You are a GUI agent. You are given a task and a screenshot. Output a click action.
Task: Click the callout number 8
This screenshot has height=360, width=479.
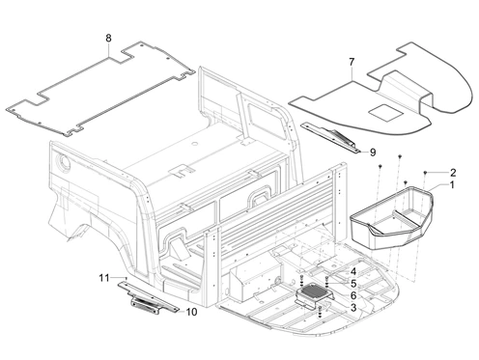coord(108,38)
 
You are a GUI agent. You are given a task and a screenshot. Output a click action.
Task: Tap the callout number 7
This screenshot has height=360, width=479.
coord(352,62)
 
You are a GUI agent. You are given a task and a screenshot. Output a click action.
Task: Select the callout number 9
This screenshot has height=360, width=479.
coord(373,152)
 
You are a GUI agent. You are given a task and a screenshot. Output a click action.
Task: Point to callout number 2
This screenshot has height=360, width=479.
coord(453,173)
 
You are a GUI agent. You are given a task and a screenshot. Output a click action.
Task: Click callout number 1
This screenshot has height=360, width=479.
coord(452,185)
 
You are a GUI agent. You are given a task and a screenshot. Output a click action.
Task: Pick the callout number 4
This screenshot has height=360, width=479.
coord(353,272)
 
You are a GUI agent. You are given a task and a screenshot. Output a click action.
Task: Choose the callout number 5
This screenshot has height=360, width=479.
coord(353,284)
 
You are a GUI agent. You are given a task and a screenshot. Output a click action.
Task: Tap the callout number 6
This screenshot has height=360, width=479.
coord(353,295)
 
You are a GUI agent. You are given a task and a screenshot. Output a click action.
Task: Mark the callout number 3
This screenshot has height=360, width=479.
coord(353,307)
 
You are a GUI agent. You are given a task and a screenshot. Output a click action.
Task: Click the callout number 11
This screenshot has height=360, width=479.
coord(104,278)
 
